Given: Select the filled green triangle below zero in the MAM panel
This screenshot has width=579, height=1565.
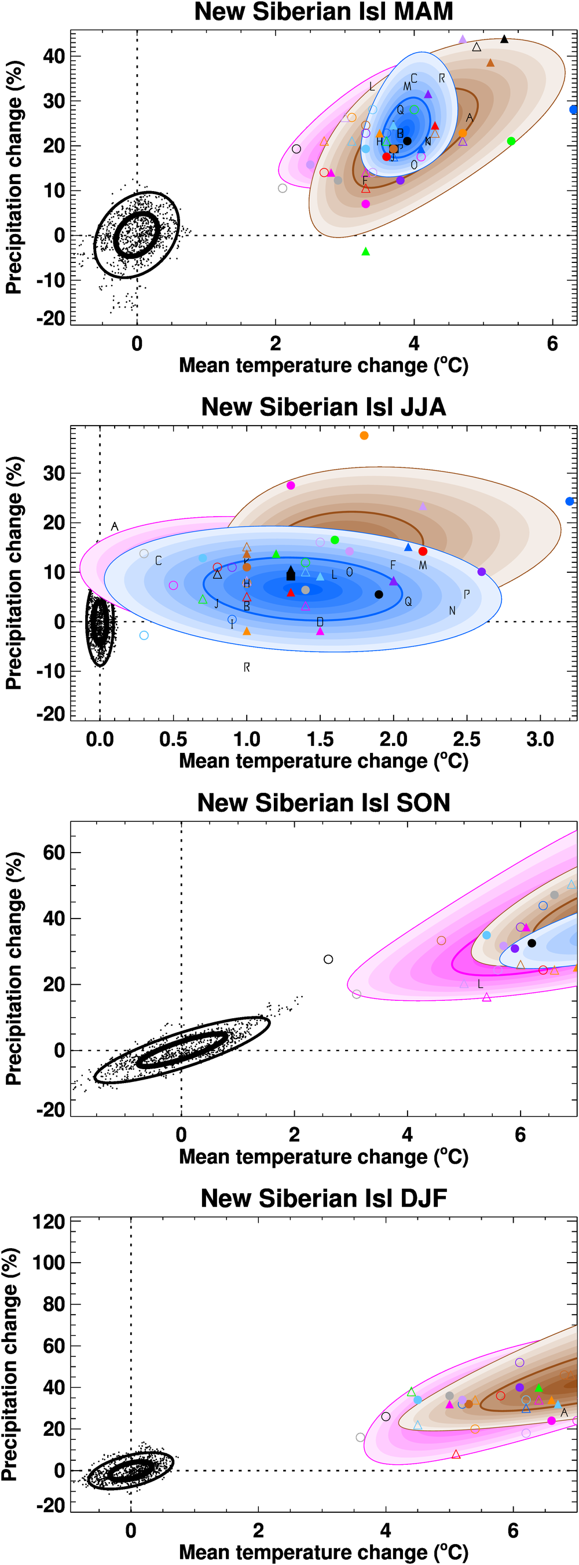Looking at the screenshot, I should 365,251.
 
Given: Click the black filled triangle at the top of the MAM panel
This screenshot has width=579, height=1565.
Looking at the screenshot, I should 504,39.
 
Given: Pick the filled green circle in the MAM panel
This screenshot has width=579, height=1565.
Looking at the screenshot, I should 511,141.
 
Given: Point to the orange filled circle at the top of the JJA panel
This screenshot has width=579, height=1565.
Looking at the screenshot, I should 364,436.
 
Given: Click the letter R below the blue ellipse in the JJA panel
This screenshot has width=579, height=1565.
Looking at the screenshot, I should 247,667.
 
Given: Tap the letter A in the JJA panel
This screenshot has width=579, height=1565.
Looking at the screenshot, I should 114,526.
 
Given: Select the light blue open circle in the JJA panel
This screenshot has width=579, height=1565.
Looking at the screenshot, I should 144,635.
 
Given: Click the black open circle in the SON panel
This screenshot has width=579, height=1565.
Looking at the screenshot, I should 328,959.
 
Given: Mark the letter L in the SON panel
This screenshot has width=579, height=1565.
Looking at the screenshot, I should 480,983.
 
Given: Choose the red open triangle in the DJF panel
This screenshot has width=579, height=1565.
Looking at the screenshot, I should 456,1454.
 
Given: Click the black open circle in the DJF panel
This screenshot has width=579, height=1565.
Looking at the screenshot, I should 386,1417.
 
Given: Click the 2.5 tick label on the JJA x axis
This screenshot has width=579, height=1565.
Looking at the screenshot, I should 466,740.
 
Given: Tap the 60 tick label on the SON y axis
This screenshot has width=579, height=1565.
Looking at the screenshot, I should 53,853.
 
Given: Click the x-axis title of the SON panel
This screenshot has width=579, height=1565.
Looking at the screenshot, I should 323,1157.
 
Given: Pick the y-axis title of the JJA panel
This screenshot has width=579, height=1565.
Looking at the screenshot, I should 13,573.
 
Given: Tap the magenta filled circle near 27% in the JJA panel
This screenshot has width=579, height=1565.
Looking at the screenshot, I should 291,485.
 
